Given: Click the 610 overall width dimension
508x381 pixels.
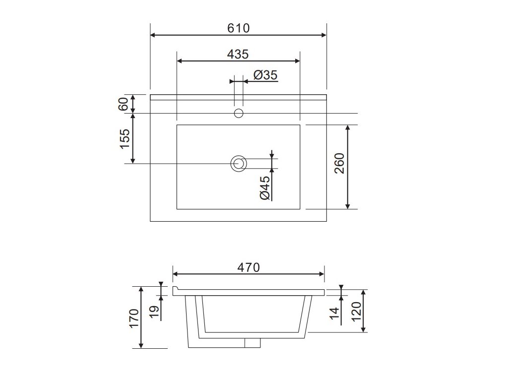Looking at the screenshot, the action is pos(239,28).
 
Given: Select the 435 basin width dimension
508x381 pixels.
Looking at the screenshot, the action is pos(238,54).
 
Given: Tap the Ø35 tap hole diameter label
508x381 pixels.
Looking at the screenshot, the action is pos(265,75).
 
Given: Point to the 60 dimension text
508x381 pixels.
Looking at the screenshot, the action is pos(124,104).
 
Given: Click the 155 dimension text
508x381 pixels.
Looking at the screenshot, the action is pos(125,139).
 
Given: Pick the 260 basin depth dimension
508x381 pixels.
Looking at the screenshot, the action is pos(339,163).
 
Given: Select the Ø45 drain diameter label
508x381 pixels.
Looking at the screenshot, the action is pos(264,188).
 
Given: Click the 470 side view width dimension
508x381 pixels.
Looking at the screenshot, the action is pos(249,267).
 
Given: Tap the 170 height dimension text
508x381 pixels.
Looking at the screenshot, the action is pos(134,319).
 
